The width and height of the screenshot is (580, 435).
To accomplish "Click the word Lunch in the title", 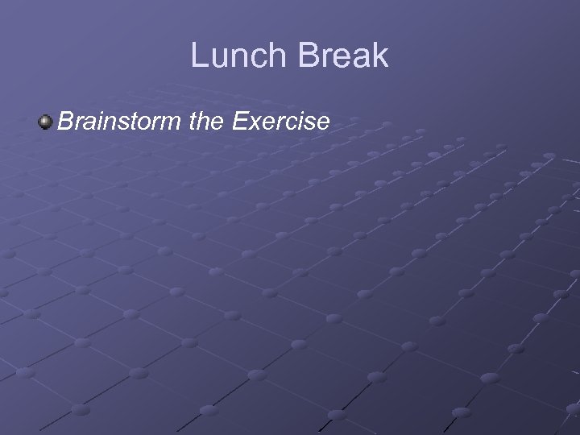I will point(237,56).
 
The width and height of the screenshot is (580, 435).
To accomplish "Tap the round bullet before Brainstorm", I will point(45,122).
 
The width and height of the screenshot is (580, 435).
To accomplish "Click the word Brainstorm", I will point(121,122).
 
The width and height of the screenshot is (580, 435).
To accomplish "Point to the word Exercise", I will point(280,122).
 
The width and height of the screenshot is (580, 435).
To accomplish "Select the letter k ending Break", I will point(380,56).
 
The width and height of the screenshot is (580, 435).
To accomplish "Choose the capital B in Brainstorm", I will point(65,122).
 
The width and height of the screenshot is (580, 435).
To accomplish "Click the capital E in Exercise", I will point(238,122).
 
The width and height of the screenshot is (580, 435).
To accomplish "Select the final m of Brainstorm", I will point(176,124).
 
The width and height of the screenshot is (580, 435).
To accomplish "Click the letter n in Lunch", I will point(238,58).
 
